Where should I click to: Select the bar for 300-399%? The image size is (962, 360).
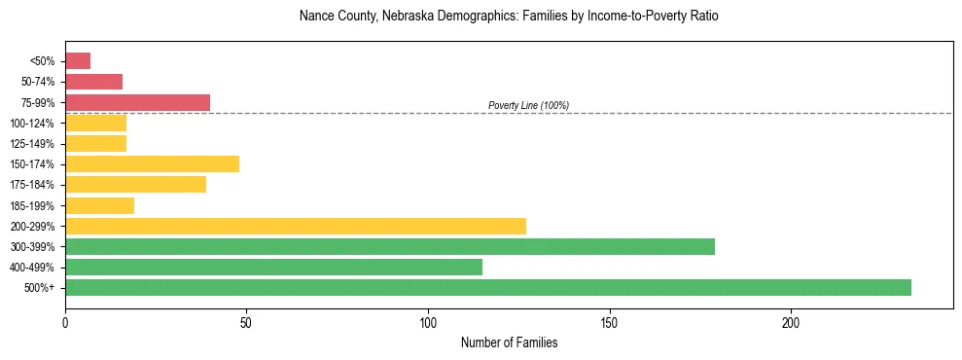pyautogui.click(x=390, y=246)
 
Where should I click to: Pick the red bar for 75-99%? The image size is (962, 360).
pyautogui.click(x=137, y=102)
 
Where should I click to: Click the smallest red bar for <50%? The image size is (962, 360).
pyautogui.click(x=78, y=61)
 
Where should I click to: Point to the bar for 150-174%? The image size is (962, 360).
pyautogui.click(x=152, y=163)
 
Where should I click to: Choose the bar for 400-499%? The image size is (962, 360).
pyautogui.click(x=273, y=267)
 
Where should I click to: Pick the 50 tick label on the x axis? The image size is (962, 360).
pyautogui.click(x=246, y=322)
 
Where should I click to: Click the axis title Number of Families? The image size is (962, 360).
pyautogui.click(x=509, y=342)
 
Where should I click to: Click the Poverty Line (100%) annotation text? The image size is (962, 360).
pyautogui.click(x=528, y=105)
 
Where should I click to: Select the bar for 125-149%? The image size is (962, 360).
pyautogui.click(x=95, y=144)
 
